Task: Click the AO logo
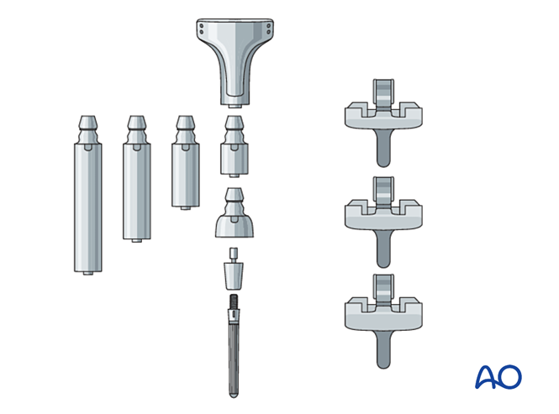(498, 376)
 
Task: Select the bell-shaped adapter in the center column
(235, 223)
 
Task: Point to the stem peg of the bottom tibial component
(382, 346)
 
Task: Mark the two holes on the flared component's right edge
(267, 29)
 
